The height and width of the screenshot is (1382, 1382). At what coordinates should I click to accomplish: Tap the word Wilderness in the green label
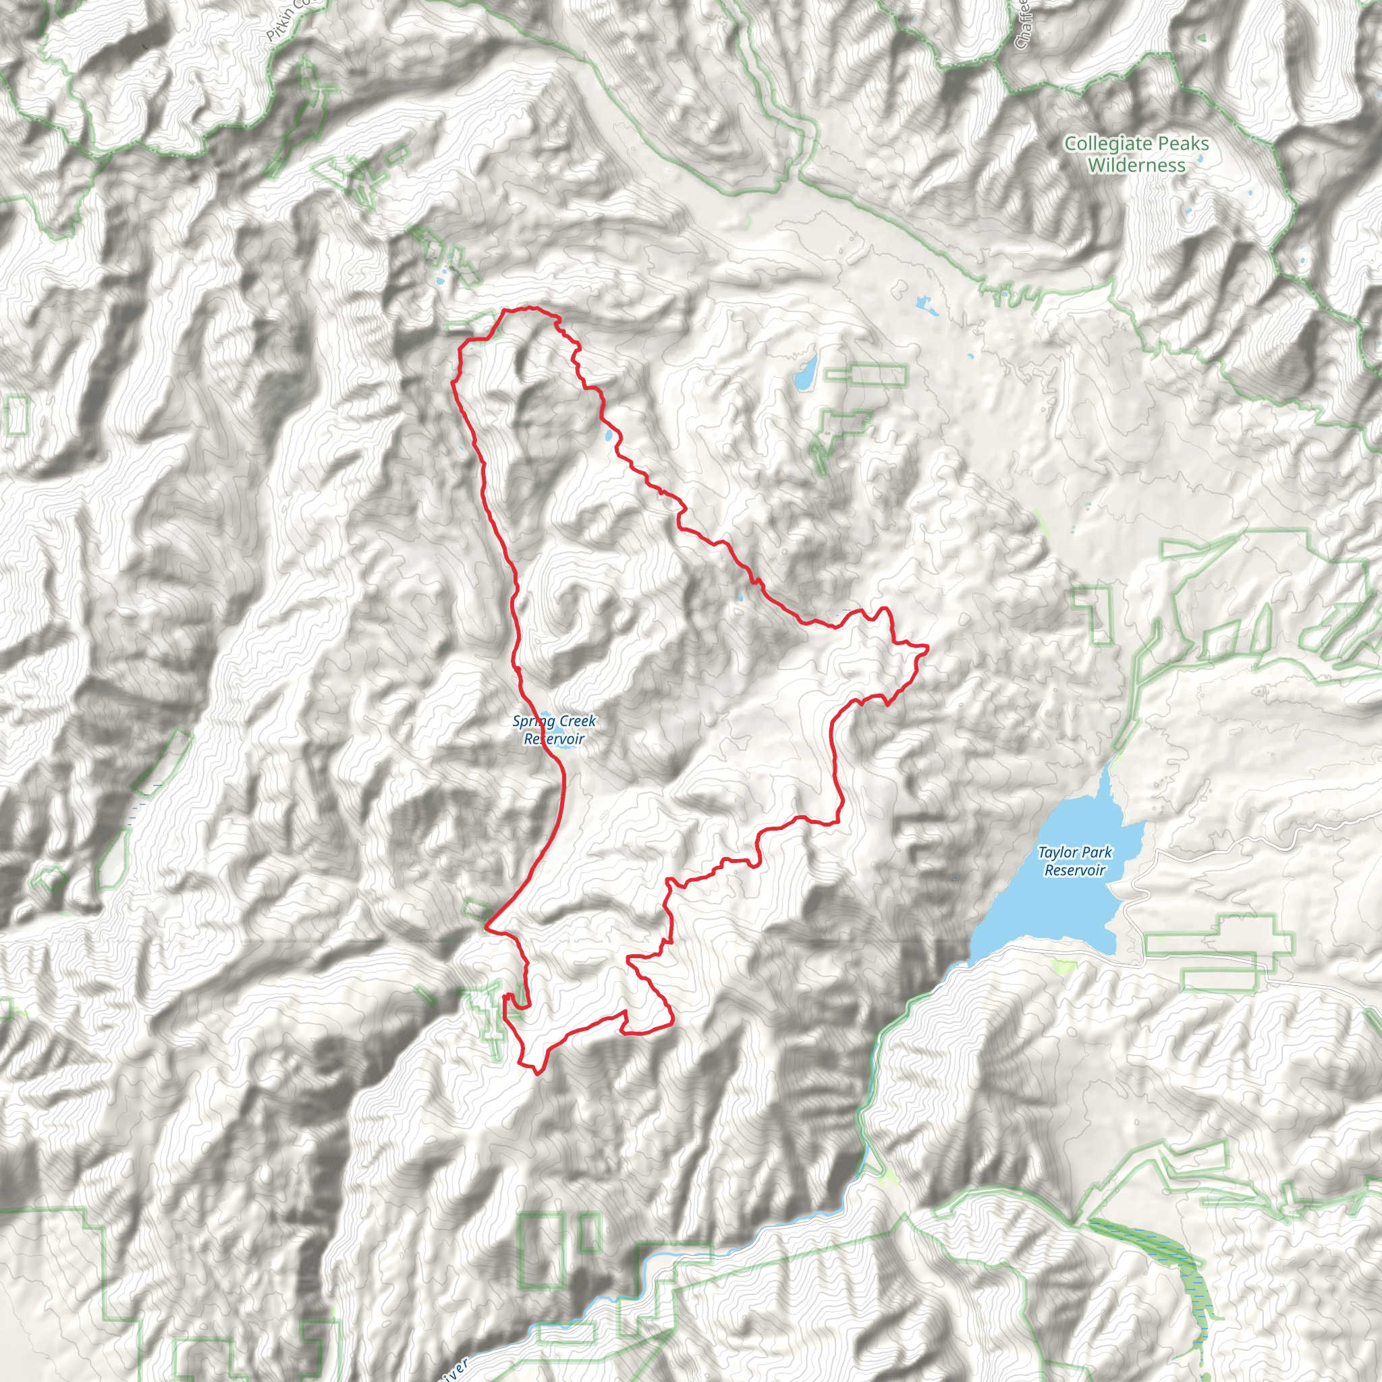click(x=1136, y=165)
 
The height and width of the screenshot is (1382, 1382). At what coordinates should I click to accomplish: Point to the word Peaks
click(x=1184, y=144)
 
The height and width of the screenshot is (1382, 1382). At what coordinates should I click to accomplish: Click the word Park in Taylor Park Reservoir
click(x=1097, y=852)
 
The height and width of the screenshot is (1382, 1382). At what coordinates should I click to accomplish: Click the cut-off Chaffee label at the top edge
click(x=1024, y=25)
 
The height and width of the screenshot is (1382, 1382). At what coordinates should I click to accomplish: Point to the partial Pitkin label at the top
click(x=286, y=20)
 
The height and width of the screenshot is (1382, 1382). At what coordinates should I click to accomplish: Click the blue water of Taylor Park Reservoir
click(x=1051, y=908)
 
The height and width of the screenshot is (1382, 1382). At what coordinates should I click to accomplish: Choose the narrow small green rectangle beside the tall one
click(x=590, y=1232)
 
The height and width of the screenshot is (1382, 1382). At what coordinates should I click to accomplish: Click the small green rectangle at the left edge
click(x=16, y=416)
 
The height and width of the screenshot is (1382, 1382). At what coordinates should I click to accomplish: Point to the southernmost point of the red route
click(x=537, y=1074)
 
